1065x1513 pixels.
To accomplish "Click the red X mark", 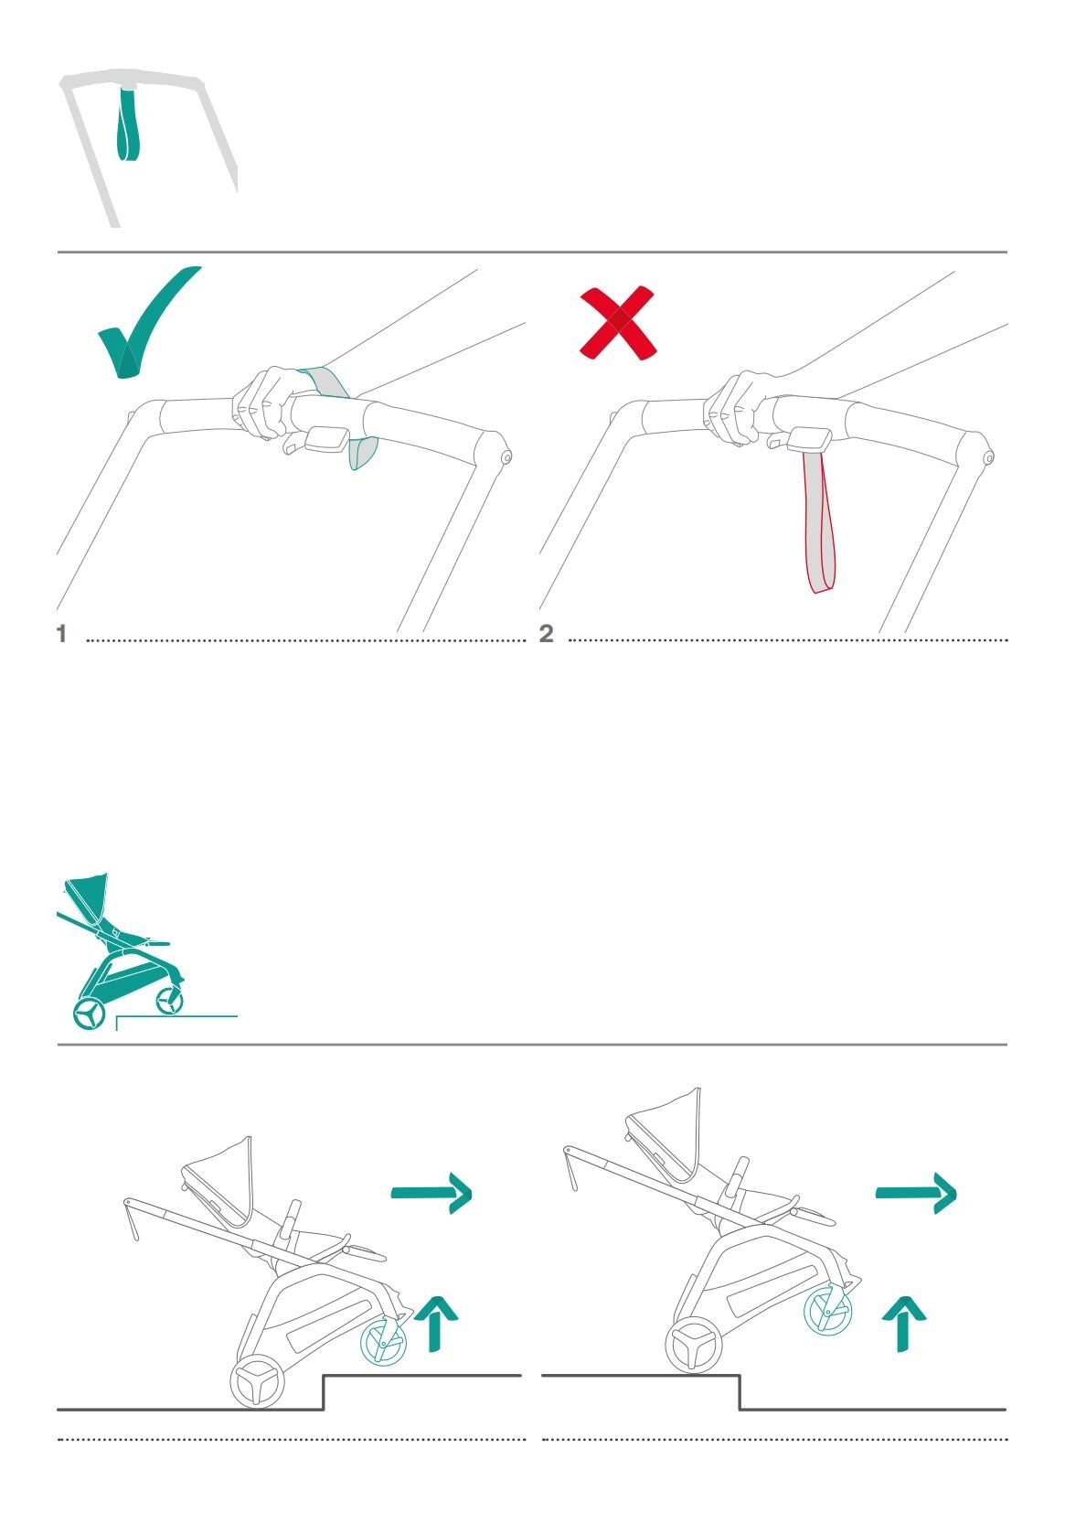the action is [x=618, y=323].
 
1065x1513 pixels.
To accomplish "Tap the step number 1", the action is [x=61, y=634].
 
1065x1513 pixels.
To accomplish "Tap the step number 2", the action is [x=546, y=634].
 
